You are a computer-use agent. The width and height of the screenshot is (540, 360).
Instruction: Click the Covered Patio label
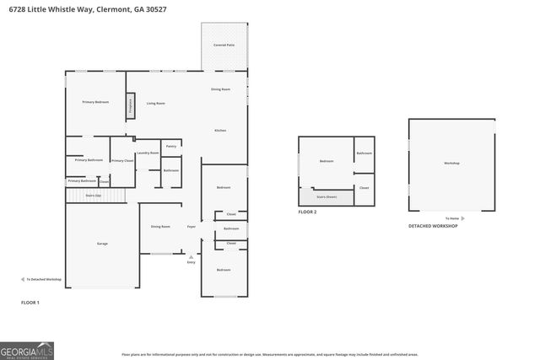(224, 44)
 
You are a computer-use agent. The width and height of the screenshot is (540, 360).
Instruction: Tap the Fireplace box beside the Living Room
(131, 105)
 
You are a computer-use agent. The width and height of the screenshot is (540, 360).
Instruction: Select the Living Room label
(155, 104)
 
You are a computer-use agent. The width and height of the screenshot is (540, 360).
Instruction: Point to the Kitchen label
(220, 131)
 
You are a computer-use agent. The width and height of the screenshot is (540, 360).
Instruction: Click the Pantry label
(170, 146)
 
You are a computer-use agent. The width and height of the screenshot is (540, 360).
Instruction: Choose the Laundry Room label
(148, 153)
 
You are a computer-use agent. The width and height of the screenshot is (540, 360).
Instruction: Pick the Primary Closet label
(122, 160)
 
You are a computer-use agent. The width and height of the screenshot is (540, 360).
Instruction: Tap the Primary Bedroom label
(95, 102)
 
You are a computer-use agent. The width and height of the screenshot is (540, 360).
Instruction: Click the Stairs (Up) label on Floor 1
(94, 196)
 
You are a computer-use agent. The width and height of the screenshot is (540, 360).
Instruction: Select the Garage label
(102, 244)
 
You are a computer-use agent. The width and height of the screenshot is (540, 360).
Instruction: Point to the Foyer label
(192, 227)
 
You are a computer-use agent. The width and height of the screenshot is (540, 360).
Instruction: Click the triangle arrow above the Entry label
(191, 256)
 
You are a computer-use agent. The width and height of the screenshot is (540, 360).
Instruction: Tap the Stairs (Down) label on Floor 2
(326, 196)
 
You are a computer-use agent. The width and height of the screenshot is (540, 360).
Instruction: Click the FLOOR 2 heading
(307, 212)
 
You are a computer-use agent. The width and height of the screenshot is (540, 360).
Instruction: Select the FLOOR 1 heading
(30, 302)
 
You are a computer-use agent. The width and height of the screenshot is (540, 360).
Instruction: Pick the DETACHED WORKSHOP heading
(433, 226)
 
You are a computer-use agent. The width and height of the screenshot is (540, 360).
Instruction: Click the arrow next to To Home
(462, 218)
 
